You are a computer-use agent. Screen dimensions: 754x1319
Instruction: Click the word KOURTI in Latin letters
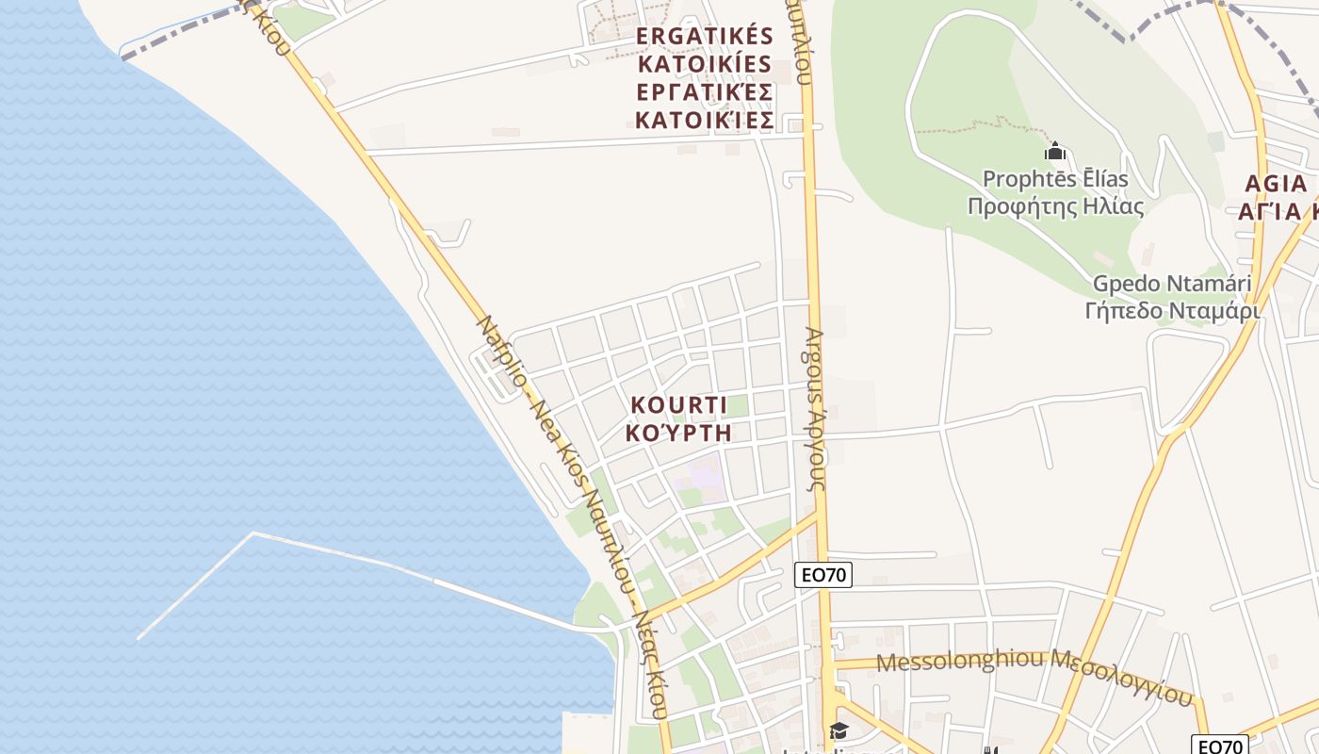click(x=678, y=405)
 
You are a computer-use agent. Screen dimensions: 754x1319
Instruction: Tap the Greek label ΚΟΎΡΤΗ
click(x=678, y=433)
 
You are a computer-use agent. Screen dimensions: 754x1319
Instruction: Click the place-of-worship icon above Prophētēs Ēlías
click(x=1055, y=151)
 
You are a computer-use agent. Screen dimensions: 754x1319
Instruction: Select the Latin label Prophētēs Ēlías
click(x=1055, y=179)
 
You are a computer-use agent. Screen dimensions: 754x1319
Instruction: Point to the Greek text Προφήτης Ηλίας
click(x=1055, y=206)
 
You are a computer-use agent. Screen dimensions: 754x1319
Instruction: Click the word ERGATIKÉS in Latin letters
click(x=705, y=37)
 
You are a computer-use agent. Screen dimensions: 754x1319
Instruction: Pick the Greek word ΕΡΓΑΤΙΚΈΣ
click(x=705, y=92)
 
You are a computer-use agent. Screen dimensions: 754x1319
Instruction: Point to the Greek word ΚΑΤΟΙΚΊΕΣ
click(x=705, y=121)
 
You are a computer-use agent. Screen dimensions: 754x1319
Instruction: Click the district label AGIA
click(x=1276, y=183)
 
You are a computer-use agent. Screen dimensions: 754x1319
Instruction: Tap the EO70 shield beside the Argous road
click(x=822, y=575)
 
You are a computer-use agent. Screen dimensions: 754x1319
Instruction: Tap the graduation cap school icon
click(x=838, y=730)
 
